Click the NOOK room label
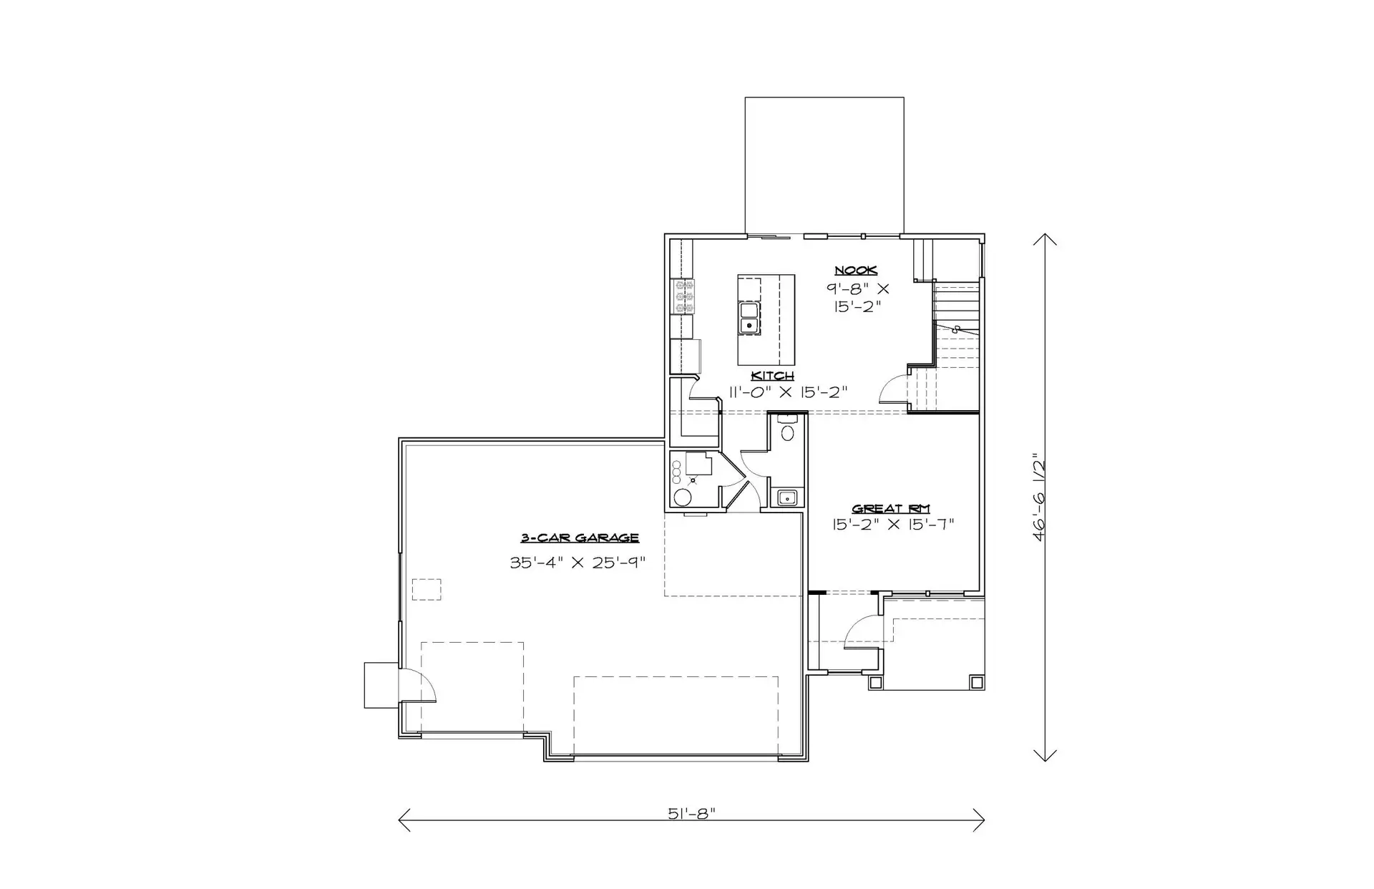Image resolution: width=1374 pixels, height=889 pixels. coord(856,271)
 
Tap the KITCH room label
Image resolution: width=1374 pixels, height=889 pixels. coord(772,376)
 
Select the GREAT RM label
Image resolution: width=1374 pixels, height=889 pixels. coord(890,509)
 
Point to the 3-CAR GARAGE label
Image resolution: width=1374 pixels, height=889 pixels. coord(580,538)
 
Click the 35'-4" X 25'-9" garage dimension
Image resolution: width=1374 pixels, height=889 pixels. coord(578,563)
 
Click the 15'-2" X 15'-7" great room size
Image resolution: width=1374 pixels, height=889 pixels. coord(893,525)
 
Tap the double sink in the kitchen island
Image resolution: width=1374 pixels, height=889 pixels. coord(749,319)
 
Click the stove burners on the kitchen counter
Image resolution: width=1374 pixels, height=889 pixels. coord(684,296)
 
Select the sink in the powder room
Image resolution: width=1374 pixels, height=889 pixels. coord(787,497)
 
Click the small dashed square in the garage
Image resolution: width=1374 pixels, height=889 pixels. coord(427,589)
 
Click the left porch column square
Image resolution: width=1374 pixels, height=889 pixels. coord(876,683)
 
